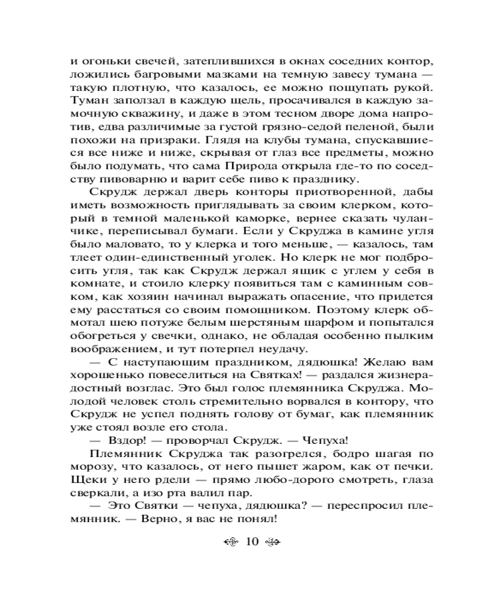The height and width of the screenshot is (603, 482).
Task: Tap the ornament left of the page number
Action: tap(231, 541)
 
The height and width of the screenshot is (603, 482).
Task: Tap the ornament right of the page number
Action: tap(273, 541)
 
